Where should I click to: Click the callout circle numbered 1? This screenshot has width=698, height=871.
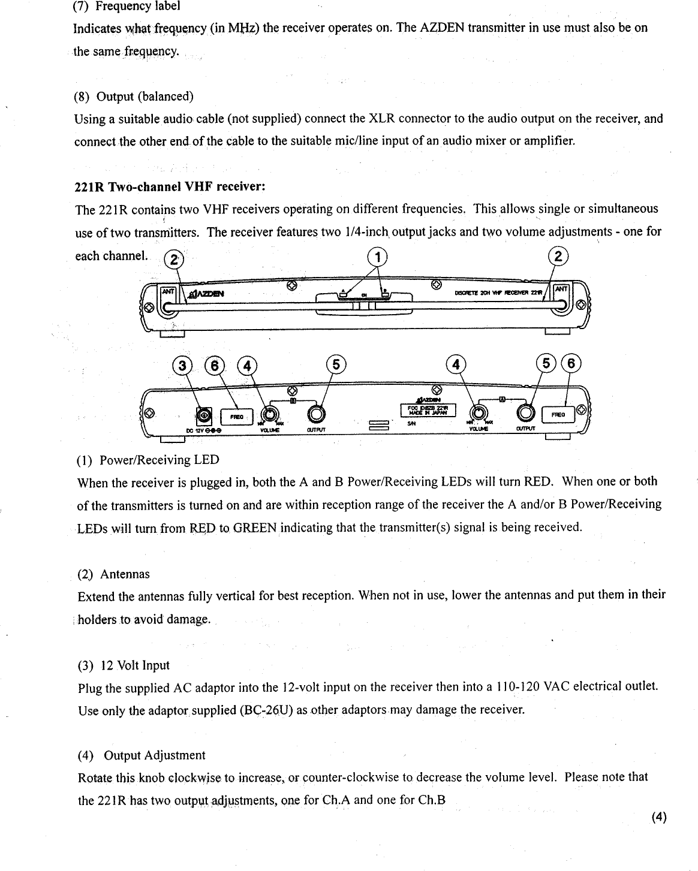(x=378, y=257)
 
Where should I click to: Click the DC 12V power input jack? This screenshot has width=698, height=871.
(x=204, y=415)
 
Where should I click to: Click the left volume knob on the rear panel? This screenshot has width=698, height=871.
(x=270, y=414)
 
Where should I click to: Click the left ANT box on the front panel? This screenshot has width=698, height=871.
(x=166, y=291)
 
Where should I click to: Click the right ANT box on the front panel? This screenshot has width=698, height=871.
(x=561, y=290)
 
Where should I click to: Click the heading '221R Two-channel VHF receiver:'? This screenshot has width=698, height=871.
(x=170, y=186)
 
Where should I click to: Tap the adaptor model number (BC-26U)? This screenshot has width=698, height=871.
(x=266, y=710)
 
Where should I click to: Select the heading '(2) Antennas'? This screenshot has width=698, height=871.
(x=114, y=574)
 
